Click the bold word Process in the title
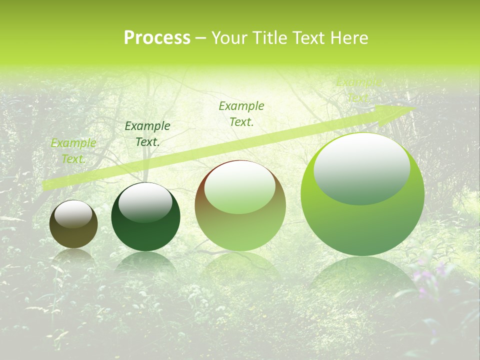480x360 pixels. point(157,38)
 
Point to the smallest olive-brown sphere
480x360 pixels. point(73,224)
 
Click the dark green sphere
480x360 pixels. point(145,217)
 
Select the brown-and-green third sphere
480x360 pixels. point(240,206)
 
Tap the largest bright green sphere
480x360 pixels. point(362,194)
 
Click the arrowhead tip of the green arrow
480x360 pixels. point(414,108)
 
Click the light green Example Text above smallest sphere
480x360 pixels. point(73,151)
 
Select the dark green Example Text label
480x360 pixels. point(147,134)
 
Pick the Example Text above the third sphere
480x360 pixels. point(241,113)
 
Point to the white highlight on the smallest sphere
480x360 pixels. point(73,214)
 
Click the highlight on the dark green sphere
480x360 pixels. point(145,202)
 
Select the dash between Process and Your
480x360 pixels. point(201,38)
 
